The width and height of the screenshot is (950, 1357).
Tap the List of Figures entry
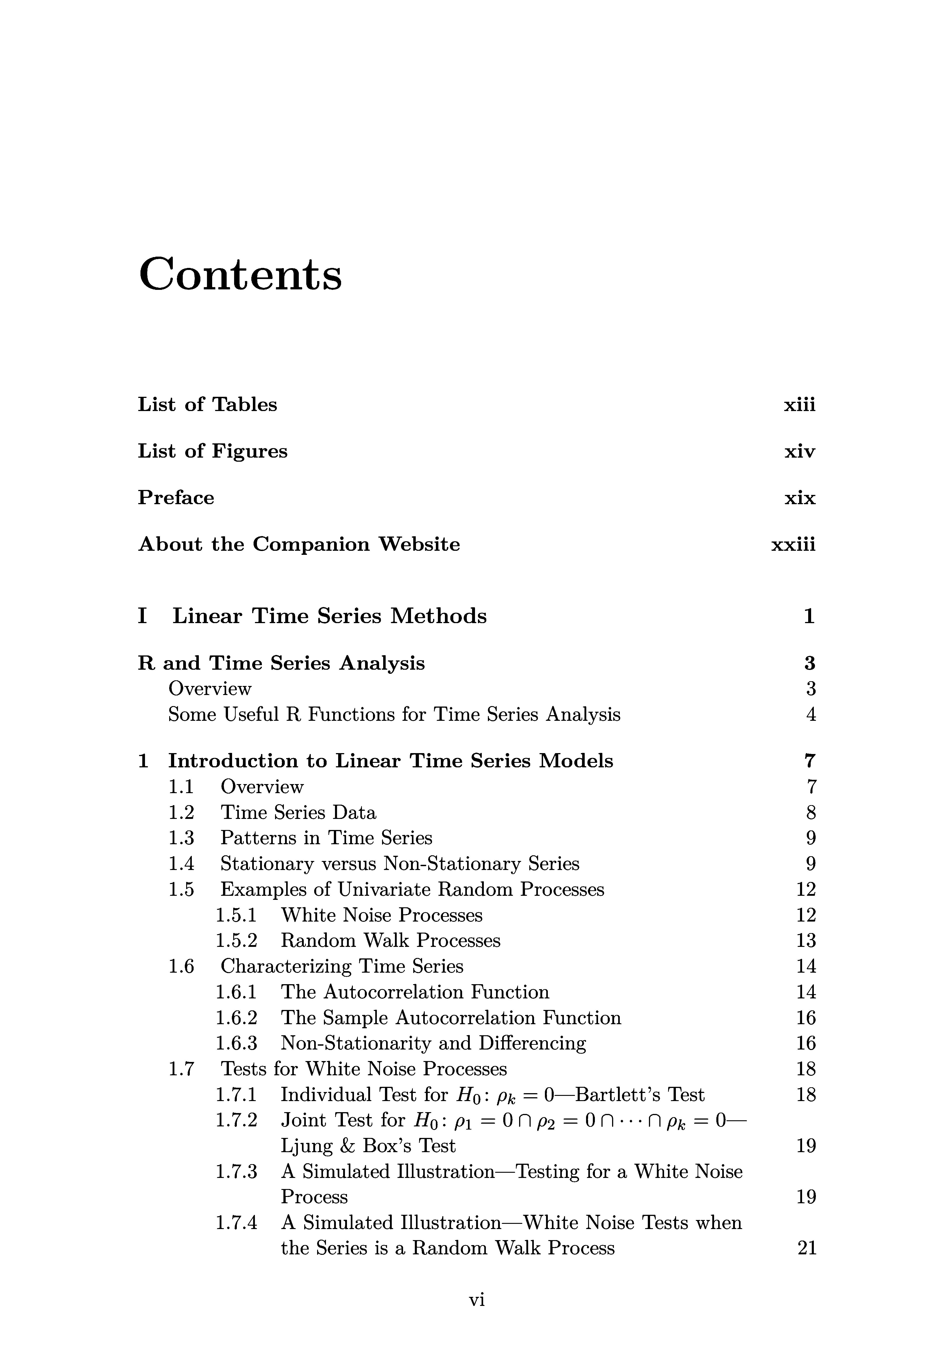click(x=212, y=452)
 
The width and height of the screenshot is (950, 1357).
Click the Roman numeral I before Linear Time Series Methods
click(x=142, y=617)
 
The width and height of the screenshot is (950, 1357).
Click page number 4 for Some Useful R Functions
click(x=810, y=714)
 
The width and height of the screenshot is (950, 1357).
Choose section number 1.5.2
click(x=236, y=940)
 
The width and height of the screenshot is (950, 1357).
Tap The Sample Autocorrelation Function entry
click(x=451, y=1018)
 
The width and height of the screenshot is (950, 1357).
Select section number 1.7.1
click(x=236, y=1095)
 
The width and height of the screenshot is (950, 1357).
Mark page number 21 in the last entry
click(x=806, y=1248)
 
